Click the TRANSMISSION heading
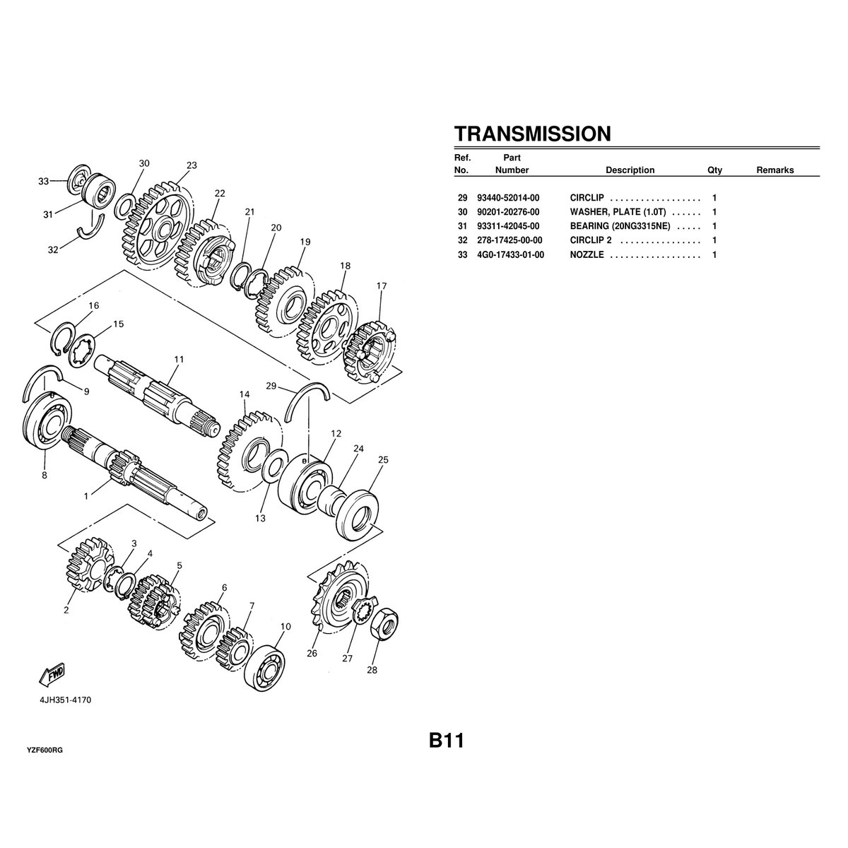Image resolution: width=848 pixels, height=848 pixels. click(x=532, y=134)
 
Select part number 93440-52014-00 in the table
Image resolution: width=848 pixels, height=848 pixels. click(x=508, y=198)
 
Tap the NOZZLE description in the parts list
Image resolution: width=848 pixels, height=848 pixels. click(x=587, y=254)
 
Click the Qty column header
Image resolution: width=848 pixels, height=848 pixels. click(x=714, y=170)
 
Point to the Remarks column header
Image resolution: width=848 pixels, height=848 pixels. click(x=775, y=170)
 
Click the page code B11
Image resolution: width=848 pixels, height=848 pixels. click(x=445, y=741)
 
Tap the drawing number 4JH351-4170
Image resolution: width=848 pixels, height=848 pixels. click(x=65, y=700)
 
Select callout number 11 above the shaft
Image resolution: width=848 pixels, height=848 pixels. click(x=179, y=359)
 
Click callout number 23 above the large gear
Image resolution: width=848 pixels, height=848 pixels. click(x=192, y=165)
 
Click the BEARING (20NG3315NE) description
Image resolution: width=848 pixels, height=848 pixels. click(x=620, y=226)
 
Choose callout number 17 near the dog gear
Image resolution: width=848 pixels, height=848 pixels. click(x=382, y=286)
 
